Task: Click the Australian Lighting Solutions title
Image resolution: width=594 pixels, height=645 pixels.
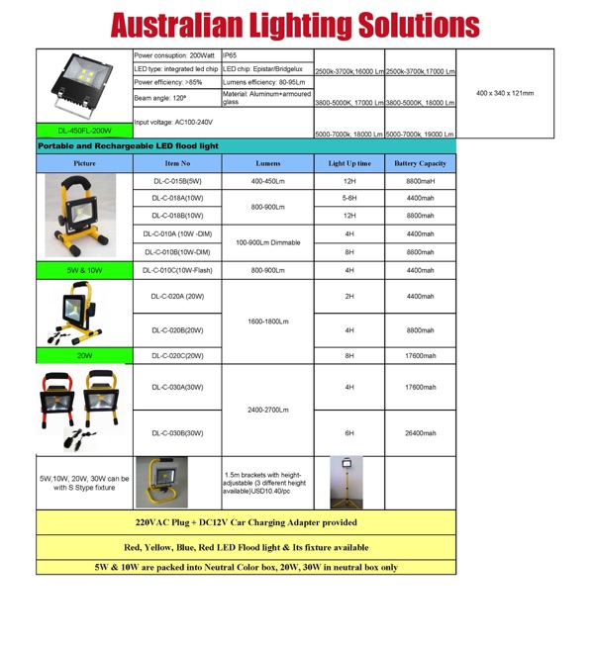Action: coord(295,25)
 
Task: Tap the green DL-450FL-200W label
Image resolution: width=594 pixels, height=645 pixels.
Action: coord(84,130)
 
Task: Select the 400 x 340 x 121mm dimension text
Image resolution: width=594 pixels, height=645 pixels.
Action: coord(504,93)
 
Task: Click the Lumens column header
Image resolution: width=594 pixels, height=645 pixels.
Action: coord(267,163)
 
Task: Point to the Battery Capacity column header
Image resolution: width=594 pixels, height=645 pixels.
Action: coord(420,163)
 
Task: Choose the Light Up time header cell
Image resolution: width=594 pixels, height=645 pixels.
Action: coord(349,163)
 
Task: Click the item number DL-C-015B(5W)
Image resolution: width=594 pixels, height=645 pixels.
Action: coord(177,182)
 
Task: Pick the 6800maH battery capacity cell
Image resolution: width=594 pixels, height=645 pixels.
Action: coord(420,182)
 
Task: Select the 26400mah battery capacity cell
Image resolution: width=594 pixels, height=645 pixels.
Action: coord(420,433)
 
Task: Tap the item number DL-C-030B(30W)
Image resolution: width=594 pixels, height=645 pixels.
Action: coord(177,433)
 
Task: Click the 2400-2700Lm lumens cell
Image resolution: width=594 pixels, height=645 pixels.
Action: coord(267,410)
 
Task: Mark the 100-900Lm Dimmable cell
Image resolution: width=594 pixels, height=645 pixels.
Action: coord(267,242)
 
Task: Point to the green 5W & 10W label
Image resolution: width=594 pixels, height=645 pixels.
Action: coord(84,270)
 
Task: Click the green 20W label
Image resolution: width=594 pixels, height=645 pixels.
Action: coord(84,355)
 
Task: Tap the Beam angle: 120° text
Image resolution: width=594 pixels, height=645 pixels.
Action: coord(160,98)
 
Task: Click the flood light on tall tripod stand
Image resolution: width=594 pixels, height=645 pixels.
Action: coord(348,482)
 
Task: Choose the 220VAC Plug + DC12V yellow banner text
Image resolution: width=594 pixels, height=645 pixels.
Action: coord(246,522)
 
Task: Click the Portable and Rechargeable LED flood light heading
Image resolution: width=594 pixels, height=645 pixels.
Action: coord(128,145)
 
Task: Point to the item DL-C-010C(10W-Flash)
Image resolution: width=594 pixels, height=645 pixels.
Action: coord(177,270)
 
